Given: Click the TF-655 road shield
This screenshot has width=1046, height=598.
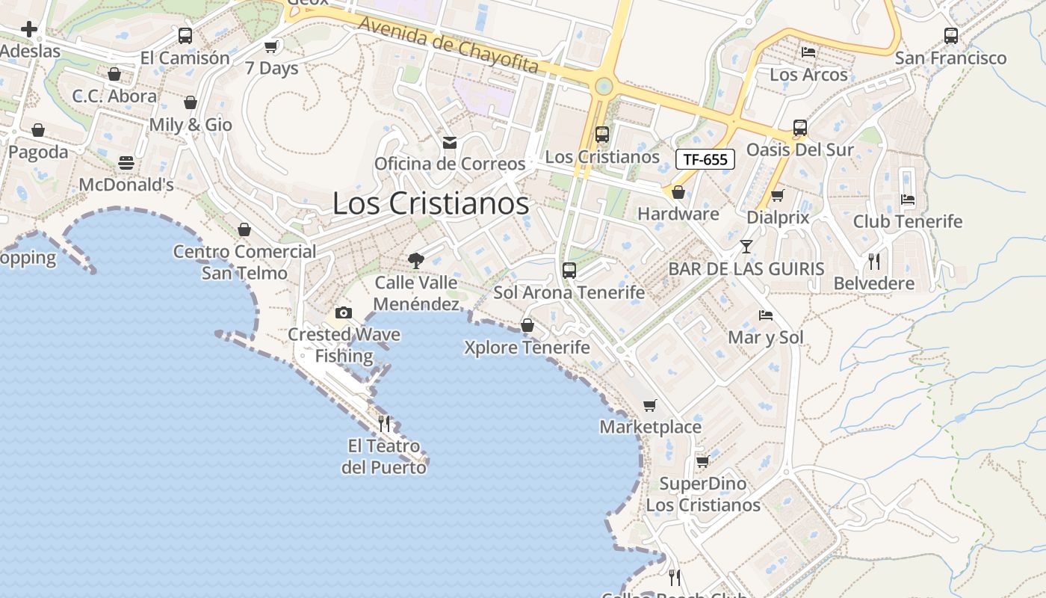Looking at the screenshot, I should point(705,158).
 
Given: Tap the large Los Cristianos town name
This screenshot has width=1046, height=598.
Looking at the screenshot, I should point(430,203).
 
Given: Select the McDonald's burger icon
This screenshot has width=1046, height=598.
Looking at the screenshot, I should point(126,163).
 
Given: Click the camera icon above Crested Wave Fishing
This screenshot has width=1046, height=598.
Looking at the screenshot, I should point(344,312).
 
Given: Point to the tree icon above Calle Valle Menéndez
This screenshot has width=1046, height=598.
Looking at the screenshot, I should point(416,261).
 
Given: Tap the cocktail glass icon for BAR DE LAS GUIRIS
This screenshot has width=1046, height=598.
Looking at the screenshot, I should point(746,247).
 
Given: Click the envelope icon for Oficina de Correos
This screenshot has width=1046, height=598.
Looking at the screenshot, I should point(450,142).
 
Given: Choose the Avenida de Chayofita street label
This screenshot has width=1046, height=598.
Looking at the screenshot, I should point(448,45).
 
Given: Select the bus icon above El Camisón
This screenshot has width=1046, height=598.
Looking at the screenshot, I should point(185,36).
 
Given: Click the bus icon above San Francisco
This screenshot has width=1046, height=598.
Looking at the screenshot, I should point(950,36).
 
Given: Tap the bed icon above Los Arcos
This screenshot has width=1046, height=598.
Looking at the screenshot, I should point(808,52).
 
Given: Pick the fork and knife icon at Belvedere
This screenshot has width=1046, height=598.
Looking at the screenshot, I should point(873,262).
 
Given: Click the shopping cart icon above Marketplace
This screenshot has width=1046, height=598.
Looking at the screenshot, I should point(650,405).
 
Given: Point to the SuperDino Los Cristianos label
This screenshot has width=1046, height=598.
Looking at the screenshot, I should point(703,494).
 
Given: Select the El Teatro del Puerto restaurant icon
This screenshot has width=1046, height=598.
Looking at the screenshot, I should point(384,424).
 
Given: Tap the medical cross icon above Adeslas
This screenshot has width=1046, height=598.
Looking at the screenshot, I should point(29,29).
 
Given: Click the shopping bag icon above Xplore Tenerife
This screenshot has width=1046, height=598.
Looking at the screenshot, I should point(527,325).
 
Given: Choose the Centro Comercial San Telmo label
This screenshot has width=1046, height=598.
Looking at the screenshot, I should point(245,262).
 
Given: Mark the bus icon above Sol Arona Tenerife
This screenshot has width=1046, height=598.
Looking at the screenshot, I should point(569,271).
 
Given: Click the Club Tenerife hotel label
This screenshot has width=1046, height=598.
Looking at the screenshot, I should point(908,221).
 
